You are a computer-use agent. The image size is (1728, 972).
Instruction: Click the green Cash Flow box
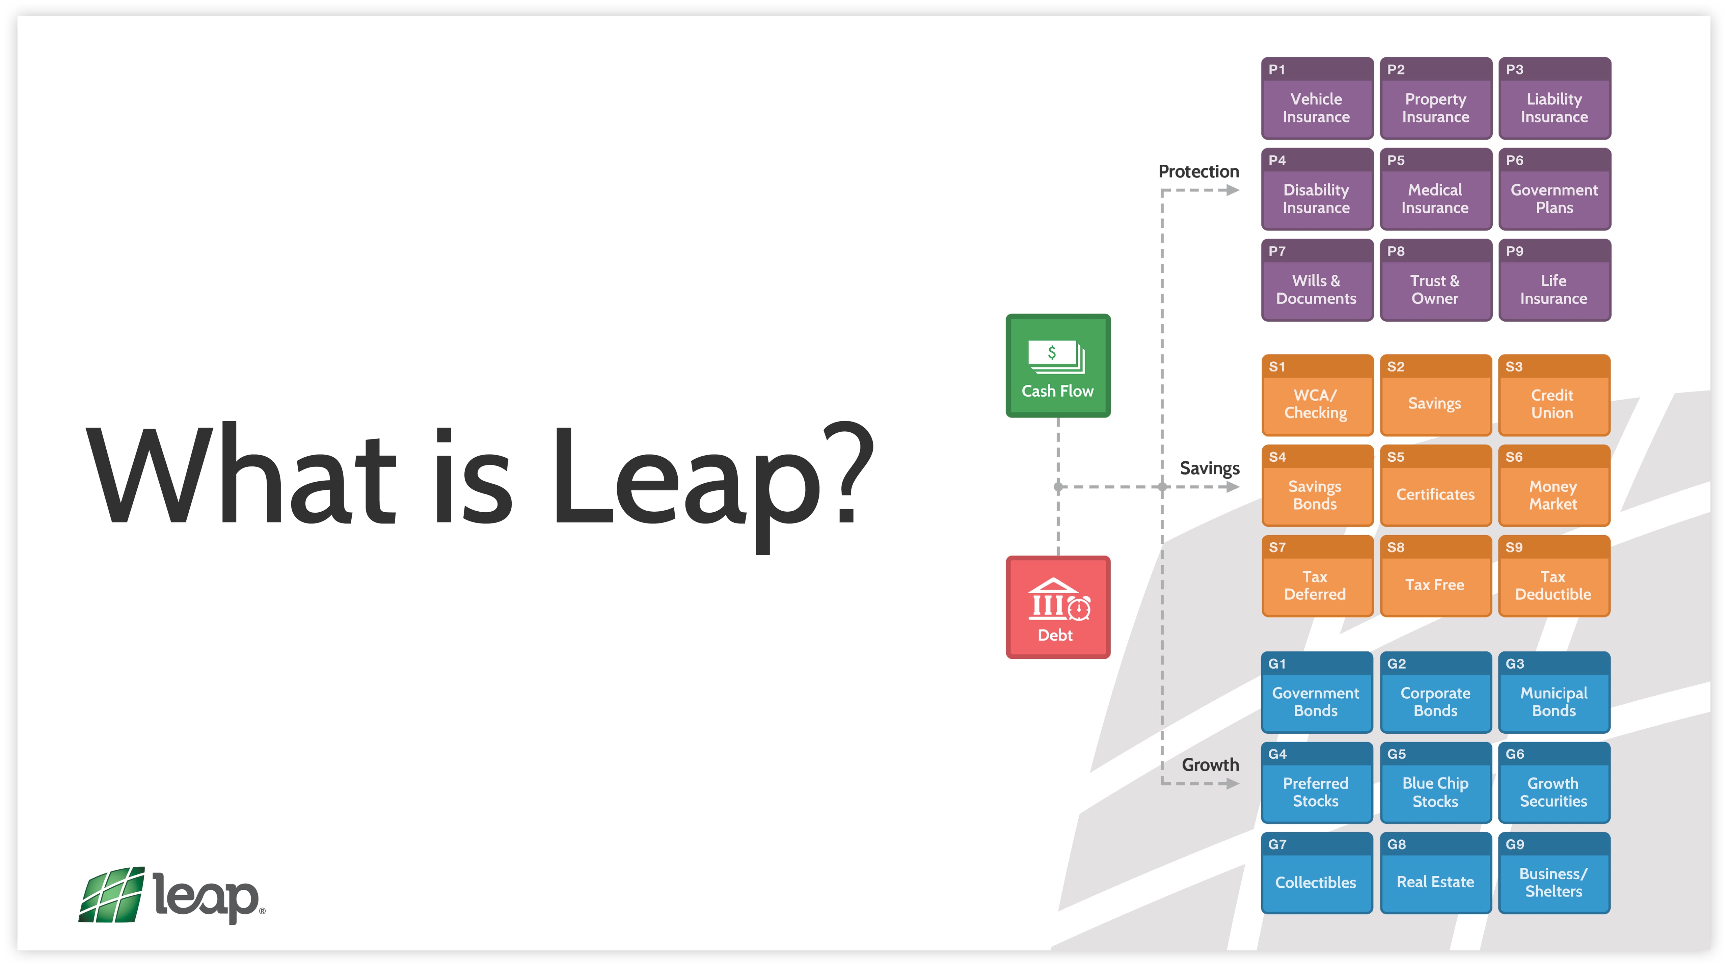pyautogui.click(x=1058, y=366)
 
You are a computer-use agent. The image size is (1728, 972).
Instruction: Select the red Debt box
pyautogui.click(x=1058, y=607)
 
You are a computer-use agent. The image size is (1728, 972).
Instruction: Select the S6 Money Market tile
pyautogui.click(x=1554, y=486)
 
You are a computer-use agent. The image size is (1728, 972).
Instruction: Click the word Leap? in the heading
pyautogui.click(x=711, y=476)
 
